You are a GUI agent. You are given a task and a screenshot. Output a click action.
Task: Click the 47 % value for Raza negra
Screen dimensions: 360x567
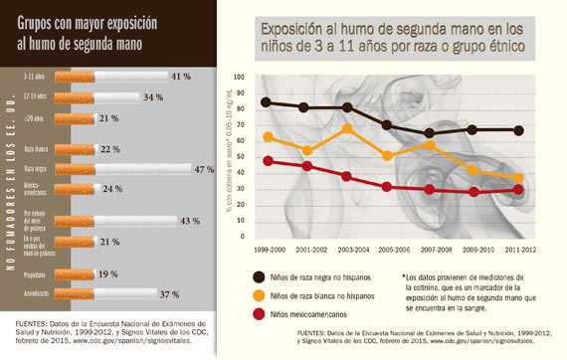click(204, 170)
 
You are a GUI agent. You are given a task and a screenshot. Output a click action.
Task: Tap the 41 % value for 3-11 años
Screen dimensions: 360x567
click(180, 77)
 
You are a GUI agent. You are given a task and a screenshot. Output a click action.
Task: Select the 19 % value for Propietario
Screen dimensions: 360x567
click(108, 273)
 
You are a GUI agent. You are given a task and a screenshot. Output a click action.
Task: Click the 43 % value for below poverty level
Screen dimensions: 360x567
click(189, 221)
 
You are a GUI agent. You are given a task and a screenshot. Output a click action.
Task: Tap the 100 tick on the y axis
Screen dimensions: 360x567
click(239, 77)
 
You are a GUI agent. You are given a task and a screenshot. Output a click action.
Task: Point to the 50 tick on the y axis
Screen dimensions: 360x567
click(241, 157)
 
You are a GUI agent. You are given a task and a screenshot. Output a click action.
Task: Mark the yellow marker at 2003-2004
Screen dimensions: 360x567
click(347, 128)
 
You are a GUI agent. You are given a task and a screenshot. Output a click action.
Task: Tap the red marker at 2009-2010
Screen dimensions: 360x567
click(474, 192)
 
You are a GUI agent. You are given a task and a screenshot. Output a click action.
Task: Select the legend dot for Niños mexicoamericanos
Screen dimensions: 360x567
click(259, 314)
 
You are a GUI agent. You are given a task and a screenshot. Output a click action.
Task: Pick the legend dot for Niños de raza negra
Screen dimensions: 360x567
click(259, 276)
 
